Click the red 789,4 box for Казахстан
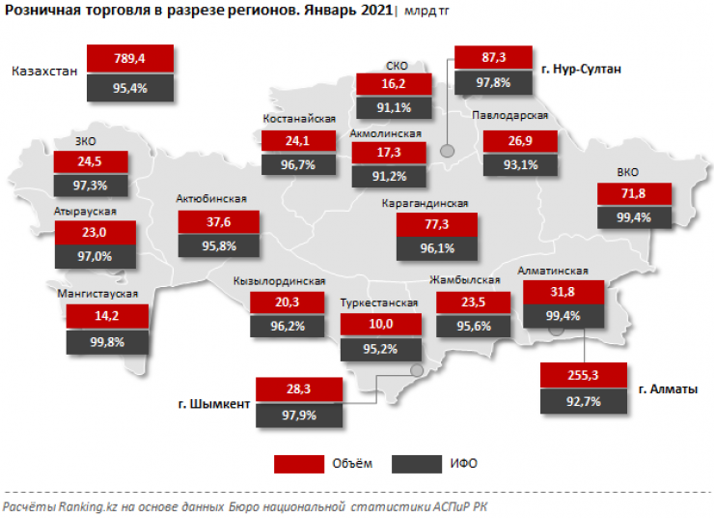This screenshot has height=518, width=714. pyautogui.click(x=129, y=59)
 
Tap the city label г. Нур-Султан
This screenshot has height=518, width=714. pyautogui.click(x=582, y=70)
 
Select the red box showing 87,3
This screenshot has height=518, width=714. pyautogui.click(x=492, y=59)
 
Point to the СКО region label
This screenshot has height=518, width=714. pyautogui.click(x=396, y=66)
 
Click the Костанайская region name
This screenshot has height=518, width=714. pyautogui.click(x=298, y=119)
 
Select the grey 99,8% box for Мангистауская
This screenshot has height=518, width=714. pyautogui.click(x=107, y=342)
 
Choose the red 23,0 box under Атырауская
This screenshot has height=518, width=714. pyautogui.click(x=94, y=232)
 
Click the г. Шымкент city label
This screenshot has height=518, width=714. pyautogui.click(x=214, y=404)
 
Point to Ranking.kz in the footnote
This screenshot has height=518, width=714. pyautogui.click(x=87, y=505)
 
